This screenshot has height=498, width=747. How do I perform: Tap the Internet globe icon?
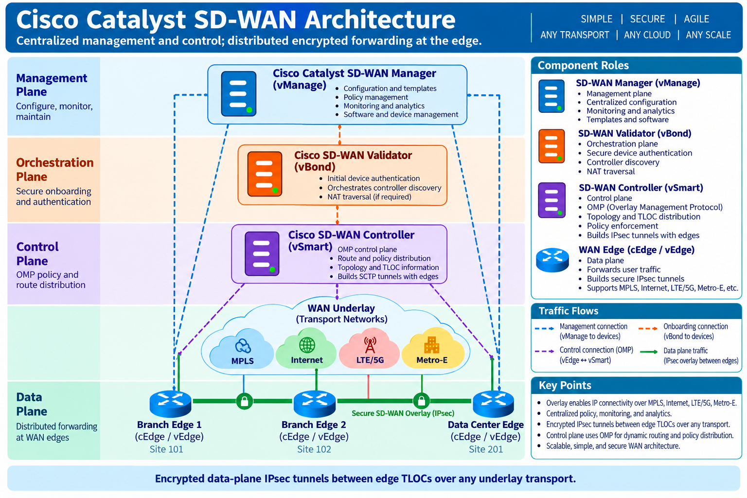pos(307,345)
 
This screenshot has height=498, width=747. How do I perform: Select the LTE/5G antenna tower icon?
pos(370,345)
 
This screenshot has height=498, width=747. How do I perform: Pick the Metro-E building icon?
pos(431,345)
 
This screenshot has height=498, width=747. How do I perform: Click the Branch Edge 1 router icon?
pos(170,404)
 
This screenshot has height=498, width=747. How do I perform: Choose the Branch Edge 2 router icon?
pos(315,404)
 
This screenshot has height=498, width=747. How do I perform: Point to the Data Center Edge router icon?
pos(493,404)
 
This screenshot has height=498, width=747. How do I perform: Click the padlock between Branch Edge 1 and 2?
pos(245,401)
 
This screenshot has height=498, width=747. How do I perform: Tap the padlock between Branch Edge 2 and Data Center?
pos(422,401)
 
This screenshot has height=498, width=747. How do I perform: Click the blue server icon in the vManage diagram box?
pos(238,94)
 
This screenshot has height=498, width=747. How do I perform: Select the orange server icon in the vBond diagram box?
pos(265,174)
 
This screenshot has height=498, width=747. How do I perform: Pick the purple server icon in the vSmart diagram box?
pos(262,253)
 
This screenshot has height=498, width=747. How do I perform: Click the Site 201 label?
pos(485,449)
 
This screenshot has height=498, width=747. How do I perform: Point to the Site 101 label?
pos(166,449)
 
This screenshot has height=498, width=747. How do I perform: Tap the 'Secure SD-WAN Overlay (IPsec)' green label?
pos(403,413)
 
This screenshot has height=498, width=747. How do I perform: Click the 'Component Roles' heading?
pos(583,65)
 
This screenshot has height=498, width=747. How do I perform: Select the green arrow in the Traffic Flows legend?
pos(649,352)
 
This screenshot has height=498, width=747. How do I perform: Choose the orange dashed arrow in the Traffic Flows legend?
pos(648,329)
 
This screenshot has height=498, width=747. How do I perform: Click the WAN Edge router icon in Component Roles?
pos(552,260)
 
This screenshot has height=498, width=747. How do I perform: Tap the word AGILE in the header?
pos(696,19)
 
